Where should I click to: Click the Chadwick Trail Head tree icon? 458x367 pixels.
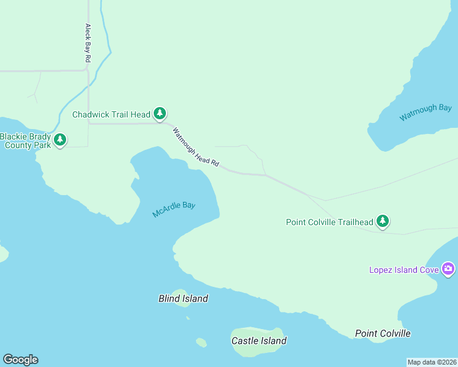160,113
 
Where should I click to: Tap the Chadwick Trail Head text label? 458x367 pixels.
111,114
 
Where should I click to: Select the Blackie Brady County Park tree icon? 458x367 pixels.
59,139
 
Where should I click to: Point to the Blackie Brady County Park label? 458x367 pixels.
25,141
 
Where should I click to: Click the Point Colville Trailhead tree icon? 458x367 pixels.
383,221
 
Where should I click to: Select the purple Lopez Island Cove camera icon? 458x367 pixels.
448,269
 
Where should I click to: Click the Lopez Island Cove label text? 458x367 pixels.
404,270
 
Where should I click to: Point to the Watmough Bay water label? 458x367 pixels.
426,113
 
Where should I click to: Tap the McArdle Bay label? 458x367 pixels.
174,210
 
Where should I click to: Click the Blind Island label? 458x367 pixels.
183,298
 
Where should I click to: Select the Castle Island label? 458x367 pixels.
258,341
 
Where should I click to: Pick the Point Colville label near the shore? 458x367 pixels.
383,333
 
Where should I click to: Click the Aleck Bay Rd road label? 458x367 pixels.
88,43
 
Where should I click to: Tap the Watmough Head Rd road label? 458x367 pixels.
195,147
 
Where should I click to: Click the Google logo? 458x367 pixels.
20,360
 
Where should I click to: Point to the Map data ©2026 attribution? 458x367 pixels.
432,361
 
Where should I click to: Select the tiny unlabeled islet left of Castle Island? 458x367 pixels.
201,342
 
